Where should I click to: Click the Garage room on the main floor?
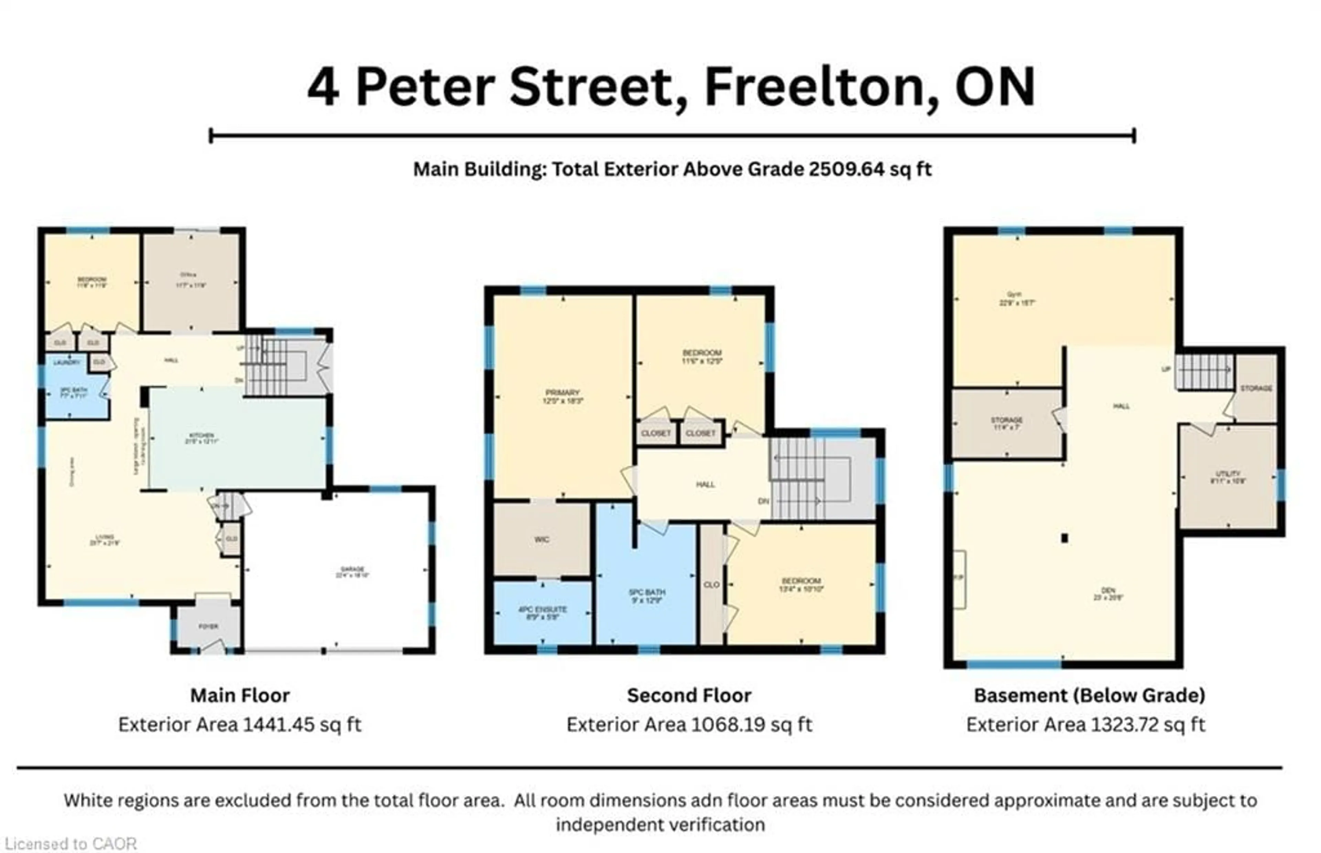coord(352,572)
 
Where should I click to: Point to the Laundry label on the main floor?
coord(66,362)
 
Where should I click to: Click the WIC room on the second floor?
coord(541,540)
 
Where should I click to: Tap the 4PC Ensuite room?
coord(542,612)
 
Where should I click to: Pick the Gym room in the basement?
coord(1016,299)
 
